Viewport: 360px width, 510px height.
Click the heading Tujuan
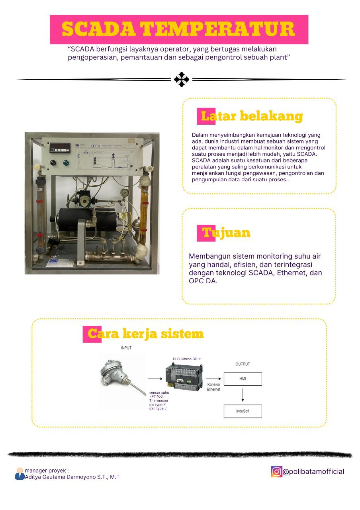pos(226,232)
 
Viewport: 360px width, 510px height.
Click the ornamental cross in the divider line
pos(182,79)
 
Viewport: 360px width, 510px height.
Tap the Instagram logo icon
pos(276,471)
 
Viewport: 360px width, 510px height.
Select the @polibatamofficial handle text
pos(313,472)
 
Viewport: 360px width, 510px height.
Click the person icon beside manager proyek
pos(20,474)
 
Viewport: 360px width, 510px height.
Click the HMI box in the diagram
pos(243,379)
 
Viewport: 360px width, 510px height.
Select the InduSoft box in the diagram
pos(243,411)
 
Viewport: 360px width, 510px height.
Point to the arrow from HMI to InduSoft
pos(243,395)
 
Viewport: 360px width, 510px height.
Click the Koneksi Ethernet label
pos(213,387)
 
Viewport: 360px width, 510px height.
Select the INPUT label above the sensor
pos(126,348)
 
